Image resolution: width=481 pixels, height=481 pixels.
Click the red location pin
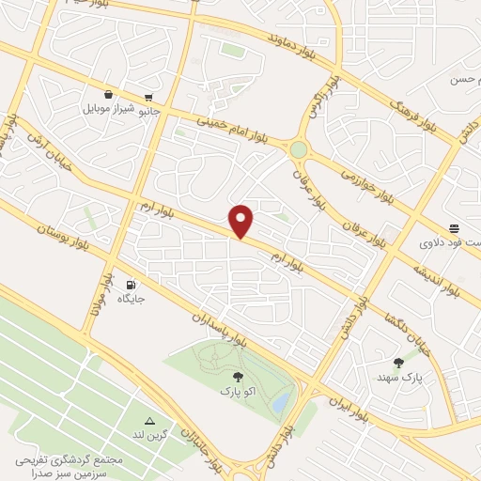[242, 220]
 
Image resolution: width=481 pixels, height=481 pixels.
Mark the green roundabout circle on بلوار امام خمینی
[299, 148]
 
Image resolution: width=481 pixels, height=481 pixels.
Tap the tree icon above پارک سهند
[398, 362]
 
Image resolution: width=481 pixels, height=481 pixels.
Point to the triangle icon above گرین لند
[148, 420]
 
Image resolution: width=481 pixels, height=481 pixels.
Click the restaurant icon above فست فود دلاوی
[455, 228]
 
